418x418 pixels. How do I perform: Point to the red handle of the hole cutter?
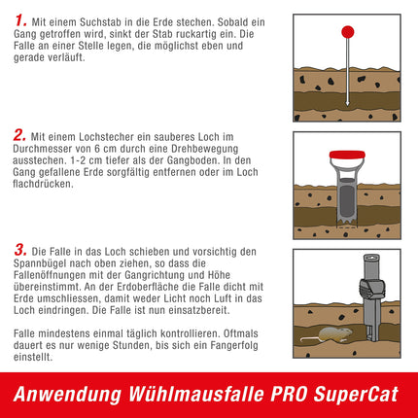(x=346, y=155)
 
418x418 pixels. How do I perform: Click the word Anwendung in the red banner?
(x=74, y=395)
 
